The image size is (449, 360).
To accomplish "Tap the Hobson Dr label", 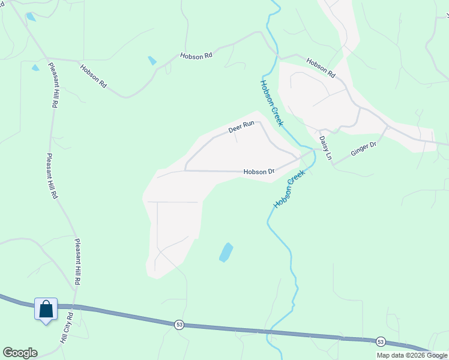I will point(259,172).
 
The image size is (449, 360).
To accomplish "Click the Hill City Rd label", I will point(66,327).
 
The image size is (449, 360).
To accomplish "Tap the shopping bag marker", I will point(46,310).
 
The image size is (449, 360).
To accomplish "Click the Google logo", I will point(20,353).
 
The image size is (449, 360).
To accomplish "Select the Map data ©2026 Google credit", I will point(412,355).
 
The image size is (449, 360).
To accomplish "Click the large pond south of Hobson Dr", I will point(226,252).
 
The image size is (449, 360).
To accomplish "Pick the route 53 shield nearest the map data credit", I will point(380,341).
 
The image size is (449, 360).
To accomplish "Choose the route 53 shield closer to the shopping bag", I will point(179,325).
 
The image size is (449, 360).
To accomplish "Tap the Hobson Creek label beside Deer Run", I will point(271,103).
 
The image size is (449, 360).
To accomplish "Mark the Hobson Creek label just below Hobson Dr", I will point(289,188).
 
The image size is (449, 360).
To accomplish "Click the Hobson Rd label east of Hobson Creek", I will point(321,67).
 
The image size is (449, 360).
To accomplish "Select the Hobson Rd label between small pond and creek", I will point(196,56).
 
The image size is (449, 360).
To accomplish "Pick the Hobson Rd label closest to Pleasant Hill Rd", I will point(93,76).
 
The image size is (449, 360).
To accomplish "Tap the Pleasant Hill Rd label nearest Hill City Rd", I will point(77,262).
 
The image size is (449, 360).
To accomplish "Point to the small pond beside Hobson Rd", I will point(152,61).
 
